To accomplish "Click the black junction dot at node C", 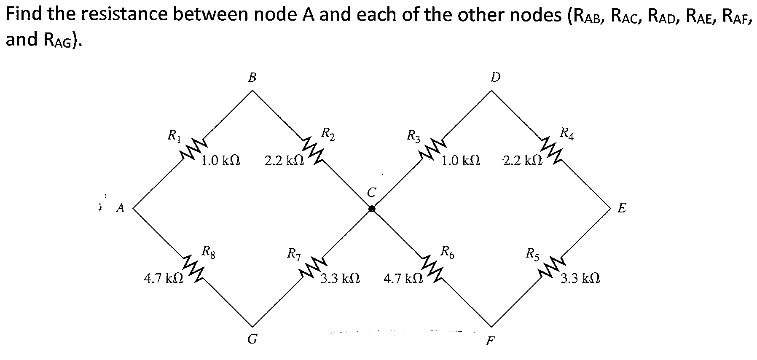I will (x=372, y=208).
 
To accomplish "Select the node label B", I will (x=252, y=77).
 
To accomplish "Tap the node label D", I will (x=496, y=77).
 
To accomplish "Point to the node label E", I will (x=622, y=208).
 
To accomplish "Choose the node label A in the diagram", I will (x=121, y=208).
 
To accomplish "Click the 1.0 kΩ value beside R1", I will (x=221, y=161).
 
